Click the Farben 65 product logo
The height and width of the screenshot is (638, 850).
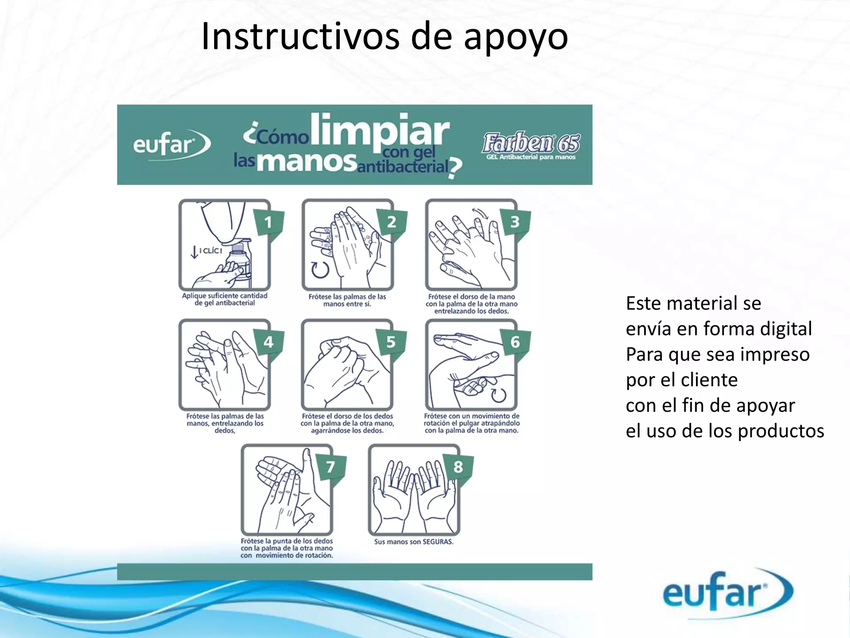click(x=531, y=145)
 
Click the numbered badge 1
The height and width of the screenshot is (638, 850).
click(x=269, y=222)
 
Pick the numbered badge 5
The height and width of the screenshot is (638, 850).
click(x=391, y=342)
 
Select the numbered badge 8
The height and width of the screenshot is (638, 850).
click(x=458, y=466)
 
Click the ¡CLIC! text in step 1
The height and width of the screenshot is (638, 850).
click(x=211, y=250)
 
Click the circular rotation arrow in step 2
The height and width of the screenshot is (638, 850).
click(x=320, y=269)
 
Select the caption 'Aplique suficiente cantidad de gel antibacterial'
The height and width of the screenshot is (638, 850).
click(x=225, y=299)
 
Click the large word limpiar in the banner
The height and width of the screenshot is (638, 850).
click(x=379, y=131)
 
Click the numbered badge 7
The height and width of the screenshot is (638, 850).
click(x=330, y=466)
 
